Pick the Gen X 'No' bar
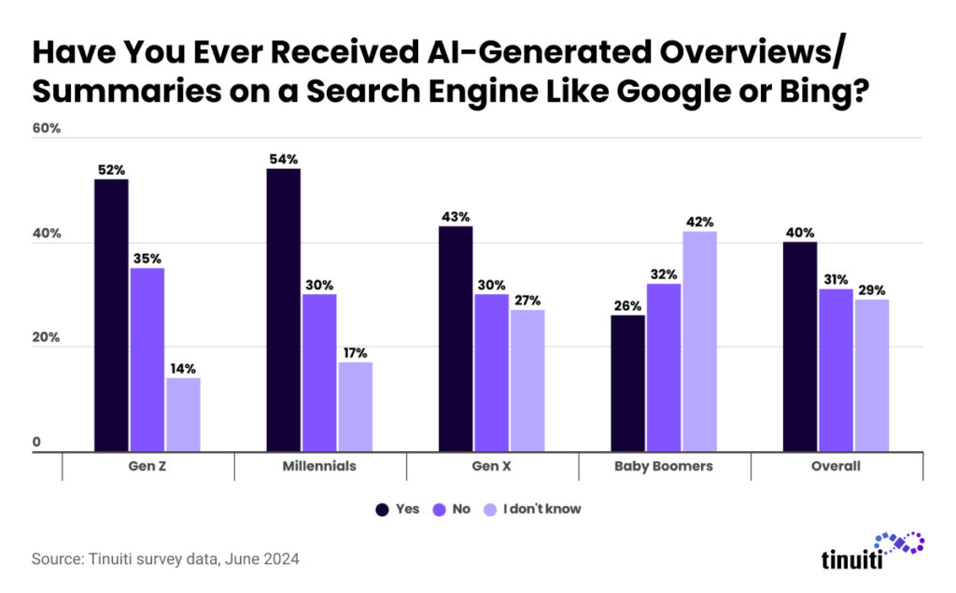(x=490, y=373)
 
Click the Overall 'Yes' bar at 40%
(x=800, y=346)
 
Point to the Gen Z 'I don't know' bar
(x=183, y=415)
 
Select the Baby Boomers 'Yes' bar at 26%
(x=627, y=383)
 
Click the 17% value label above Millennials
(x=355, y=352)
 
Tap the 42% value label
(x=699, y=221)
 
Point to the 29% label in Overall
(x=871, y=289)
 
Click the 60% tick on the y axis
(x=47, y=128)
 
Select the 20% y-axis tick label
(x=47, y=338)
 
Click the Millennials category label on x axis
(x=318, y=466)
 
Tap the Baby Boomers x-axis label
(x=665, y=466)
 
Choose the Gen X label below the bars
(x=491, y=466)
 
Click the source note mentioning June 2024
(x=166, y=559)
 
